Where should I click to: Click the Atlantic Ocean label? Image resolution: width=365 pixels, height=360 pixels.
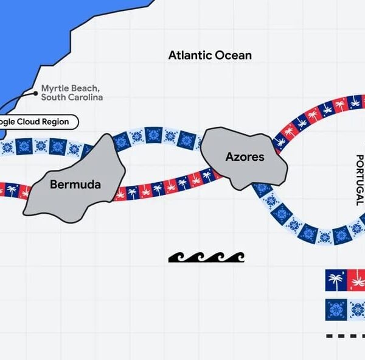[210, 55]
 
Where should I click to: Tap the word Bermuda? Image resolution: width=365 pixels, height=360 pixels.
[75, 184]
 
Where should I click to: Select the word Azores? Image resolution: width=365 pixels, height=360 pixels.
[245, 157]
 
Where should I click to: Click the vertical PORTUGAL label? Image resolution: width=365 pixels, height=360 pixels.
[359, 180]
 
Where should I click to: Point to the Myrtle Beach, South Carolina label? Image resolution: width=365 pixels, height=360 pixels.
[72, 93]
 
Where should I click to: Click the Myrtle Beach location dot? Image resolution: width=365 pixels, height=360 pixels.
[36, 93]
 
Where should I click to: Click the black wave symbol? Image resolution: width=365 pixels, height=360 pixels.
[206, 257]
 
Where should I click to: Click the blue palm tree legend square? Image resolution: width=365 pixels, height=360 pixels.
[335, 281]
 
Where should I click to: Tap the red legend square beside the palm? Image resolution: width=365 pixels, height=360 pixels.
[355, 281]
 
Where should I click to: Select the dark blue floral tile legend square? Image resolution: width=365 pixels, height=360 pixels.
[335, 308]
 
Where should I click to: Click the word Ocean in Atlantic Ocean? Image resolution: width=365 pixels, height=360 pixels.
[233, 55]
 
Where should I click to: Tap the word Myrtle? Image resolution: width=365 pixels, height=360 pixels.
[55, 88]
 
